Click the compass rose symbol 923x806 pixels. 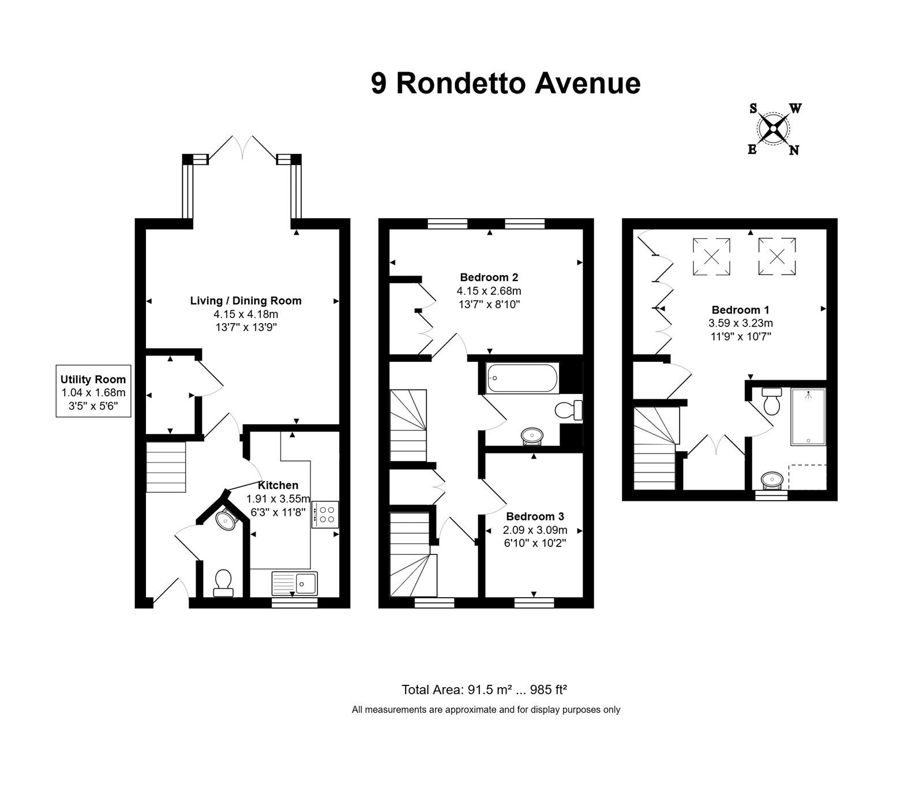(773, 129)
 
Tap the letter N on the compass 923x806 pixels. (794, 151)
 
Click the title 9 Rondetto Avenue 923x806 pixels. (505, 83)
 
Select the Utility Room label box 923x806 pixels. (93, 392)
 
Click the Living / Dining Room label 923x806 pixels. (246, 301)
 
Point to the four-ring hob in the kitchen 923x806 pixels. (325, 515)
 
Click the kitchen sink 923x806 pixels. (294, 583)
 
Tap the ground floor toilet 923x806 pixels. (223, 583)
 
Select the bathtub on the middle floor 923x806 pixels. (522, 378)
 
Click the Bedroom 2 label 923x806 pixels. (485, 277)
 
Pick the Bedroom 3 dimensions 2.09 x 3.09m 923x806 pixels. (535, 530)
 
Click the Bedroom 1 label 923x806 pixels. (740, 310)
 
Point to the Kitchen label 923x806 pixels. (278, 485)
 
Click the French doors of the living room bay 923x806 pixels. (242, 148)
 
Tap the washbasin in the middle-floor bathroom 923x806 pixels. (531, 436)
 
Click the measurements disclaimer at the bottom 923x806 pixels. (486, 710)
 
